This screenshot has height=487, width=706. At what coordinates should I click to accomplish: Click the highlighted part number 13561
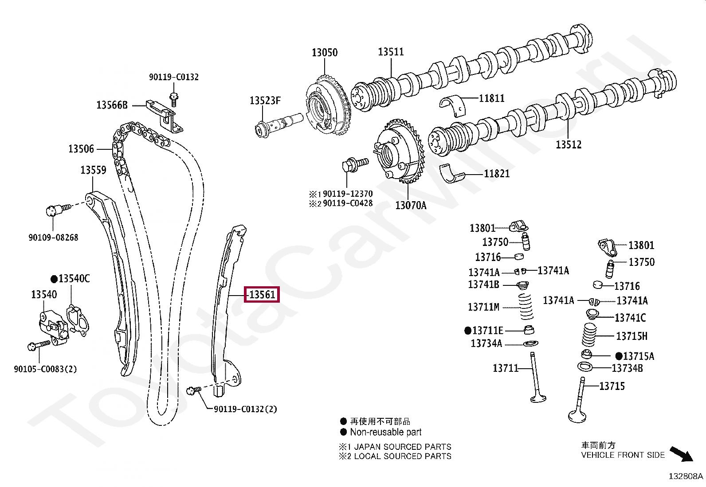262,295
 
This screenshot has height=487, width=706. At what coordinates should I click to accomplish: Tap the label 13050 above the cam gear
325,53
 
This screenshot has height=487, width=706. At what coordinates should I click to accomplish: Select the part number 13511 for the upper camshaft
391,52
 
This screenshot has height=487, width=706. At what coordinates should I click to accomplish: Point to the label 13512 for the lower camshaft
569,144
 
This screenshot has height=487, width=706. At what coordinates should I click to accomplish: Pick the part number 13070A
411,205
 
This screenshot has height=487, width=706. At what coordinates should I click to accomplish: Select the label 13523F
265,101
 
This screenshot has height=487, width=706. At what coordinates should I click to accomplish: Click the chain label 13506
81,149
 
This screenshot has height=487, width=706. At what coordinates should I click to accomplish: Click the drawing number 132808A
686,476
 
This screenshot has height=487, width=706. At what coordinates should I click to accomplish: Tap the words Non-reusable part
385,432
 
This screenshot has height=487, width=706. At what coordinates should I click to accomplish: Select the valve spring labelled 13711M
526,306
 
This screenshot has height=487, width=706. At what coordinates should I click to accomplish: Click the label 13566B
112,105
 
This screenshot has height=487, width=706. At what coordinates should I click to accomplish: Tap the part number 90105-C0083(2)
45,369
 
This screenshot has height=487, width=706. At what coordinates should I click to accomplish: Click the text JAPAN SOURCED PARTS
402,447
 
